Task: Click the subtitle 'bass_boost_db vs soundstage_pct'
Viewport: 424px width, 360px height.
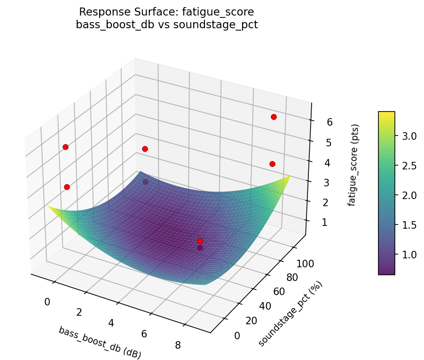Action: tap(167, 25)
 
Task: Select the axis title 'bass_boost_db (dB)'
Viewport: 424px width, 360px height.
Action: tap(100, 343)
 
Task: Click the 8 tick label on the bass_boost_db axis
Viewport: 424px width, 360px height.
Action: tap(178, 345)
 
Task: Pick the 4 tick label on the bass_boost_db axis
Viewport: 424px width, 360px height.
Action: tap(111, 323)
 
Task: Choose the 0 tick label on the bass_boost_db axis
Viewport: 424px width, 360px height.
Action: tap(47, 302)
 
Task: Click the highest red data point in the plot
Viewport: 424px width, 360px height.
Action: tap(274, 117)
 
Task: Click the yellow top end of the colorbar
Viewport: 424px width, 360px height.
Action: tap(386, 113)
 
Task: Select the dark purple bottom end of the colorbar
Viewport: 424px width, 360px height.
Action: tap(386, 272)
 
